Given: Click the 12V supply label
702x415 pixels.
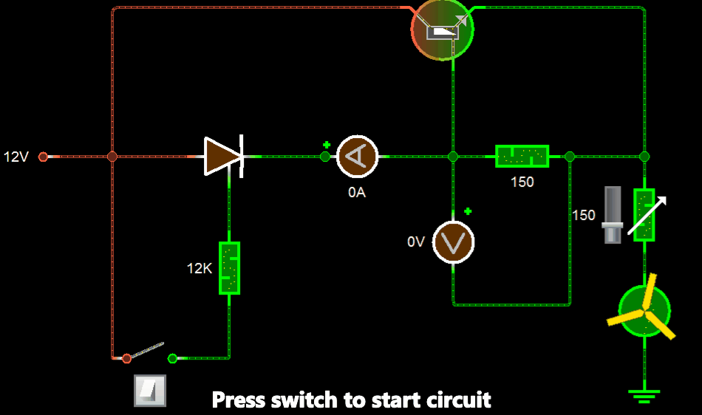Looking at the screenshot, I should pos(16,157).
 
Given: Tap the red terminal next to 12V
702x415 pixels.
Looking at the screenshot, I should pos(43,157).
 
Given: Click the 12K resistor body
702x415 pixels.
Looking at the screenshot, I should pos(229,267).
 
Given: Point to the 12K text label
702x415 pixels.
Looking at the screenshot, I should pos(200,269).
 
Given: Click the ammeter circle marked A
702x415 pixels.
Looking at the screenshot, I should pos(358,157).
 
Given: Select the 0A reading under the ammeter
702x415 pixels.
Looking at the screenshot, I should pos(357,193).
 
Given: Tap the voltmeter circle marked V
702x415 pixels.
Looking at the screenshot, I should pos(453,241).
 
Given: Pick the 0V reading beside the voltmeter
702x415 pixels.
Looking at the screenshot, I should pos(416,241).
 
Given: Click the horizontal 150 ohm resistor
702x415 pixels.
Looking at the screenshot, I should pos(522,157).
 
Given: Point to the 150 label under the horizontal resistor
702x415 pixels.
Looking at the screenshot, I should pos(522,182).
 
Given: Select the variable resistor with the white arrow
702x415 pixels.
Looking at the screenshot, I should pos(644,215).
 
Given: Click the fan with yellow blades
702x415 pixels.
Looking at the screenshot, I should pos(644,311).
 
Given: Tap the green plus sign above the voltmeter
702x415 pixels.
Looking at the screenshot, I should pos(468,212).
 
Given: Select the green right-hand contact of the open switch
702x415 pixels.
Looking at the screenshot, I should pos(173,358).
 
